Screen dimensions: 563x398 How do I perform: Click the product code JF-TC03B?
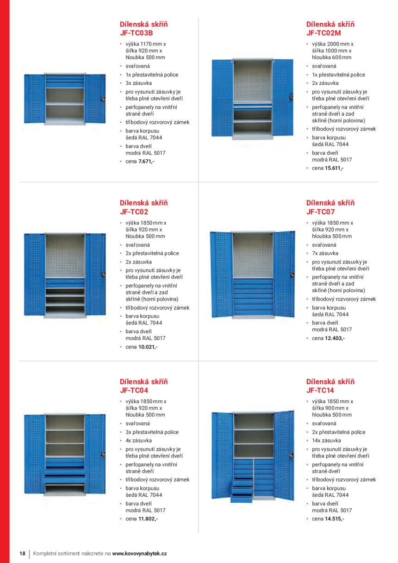136,33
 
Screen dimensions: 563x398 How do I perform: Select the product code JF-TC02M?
323,33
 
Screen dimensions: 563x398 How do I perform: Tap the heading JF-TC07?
320,212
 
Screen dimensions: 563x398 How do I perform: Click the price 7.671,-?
146,162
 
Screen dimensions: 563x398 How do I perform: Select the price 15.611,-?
334,168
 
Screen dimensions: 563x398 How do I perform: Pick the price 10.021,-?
148,347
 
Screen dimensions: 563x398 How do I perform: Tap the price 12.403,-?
335,338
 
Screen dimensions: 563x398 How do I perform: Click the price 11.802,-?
148,519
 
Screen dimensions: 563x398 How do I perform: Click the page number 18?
22,553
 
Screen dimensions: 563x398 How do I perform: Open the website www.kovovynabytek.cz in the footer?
139,553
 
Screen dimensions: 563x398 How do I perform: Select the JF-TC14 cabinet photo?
252,456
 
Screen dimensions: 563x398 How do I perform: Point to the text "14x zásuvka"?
326,441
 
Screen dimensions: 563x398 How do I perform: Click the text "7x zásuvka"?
325,253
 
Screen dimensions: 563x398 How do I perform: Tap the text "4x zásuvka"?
138,441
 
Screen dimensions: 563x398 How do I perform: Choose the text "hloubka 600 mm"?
332,57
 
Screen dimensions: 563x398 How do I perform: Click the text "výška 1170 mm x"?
146,44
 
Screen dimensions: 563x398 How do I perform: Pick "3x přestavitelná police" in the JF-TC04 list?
152,432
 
